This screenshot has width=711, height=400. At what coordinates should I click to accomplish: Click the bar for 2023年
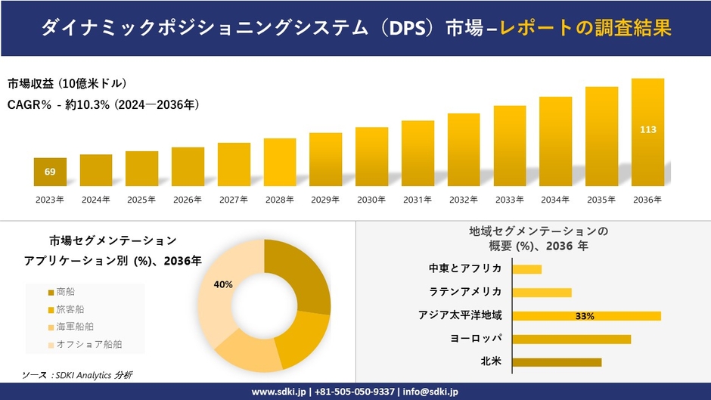coord(50,172)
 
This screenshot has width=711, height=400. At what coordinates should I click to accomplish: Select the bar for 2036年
coord(647,132)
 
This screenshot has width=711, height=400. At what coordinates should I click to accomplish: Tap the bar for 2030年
coord(371,157)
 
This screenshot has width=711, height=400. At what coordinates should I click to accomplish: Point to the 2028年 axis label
coord(279,200)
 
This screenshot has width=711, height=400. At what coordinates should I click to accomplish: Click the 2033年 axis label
coord(509,200)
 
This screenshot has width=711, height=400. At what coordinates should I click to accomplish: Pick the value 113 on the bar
coord(647,129)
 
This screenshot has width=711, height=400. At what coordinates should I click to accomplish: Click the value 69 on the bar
coord(50,172)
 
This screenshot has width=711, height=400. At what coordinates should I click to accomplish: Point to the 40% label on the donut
coord(223,284)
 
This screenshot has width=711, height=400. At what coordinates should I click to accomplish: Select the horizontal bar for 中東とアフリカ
coord(526,269)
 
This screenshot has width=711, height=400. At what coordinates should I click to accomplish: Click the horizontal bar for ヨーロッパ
coord(571,339)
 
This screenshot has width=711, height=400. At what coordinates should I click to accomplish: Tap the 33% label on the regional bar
coord(585,316)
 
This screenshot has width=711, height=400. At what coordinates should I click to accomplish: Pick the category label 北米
coord(491,361)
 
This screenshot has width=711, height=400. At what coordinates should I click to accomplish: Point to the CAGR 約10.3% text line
coord(103,105)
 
